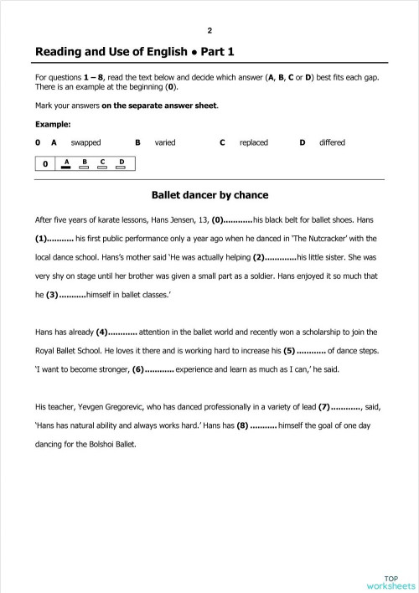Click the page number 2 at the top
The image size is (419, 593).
[209, 28]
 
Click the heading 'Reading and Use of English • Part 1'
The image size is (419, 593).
[135, 52]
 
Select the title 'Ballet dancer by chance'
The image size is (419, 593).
[209, 195]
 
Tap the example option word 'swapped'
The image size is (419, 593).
[85, 142]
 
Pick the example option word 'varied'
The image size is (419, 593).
[165, 142]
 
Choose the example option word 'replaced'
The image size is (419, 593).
[253, 142]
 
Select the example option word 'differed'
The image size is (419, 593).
[332, 142]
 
